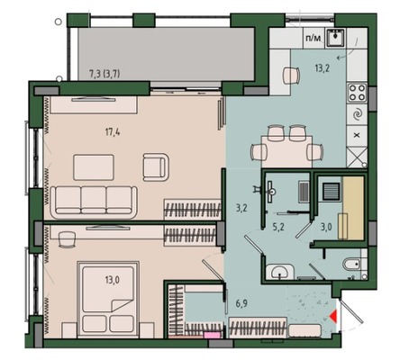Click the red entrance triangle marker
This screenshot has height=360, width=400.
334,316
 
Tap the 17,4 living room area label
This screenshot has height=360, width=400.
113,131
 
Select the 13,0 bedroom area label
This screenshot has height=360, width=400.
113,280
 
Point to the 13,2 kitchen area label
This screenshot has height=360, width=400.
323,68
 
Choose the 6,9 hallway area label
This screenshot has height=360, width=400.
241,303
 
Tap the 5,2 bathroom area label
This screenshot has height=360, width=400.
278,227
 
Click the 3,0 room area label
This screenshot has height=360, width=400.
326,227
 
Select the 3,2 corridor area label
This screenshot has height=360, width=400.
241,208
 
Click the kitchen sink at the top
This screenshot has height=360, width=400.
336,38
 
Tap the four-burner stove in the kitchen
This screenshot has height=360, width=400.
357,93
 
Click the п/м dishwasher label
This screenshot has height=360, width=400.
314,38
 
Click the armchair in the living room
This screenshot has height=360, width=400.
156,167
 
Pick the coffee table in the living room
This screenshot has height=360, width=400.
94,167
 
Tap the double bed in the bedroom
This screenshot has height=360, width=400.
108,300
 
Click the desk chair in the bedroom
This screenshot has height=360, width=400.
67,239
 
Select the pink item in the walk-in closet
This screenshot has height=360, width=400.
209,335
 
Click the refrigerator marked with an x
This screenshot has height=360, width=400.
357,136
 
